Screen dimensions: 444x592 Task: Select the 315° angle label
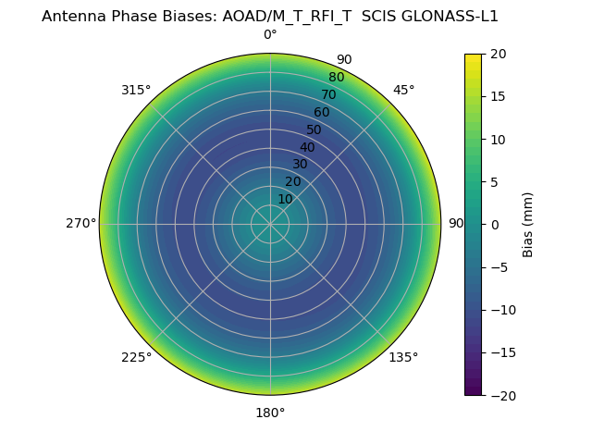pos(136,90)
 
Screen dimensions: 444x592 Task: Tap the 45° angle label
pos(403,90)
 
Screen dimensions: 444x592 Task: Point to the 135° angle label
pos(403,357)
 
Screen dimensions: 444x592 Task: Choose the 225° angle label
pos(136,357)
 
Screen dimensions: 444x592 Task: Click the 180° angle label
pos(270,413)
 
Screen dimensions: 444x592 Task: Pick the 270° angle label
pos(80,224)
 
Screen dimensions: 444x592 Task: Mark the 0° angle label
pos(270,35)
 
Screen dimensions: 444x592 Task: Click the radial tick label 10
pos(285,200)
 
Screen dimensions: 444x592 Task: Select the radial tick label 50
pos(314,129)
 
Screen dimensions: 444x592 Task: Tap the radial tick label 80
pos(336,78)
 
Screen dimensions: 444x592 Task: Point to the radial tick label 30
pos(300,165)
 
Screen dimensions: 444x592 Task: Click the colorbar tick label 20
pos(498,54)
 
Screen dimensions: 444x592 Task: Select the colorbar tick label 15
pos(498,96)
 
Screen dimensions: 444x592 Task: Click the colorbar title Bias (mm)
pos(528,225)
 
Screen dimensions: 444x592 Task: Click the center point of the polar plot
pos(270,224)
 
